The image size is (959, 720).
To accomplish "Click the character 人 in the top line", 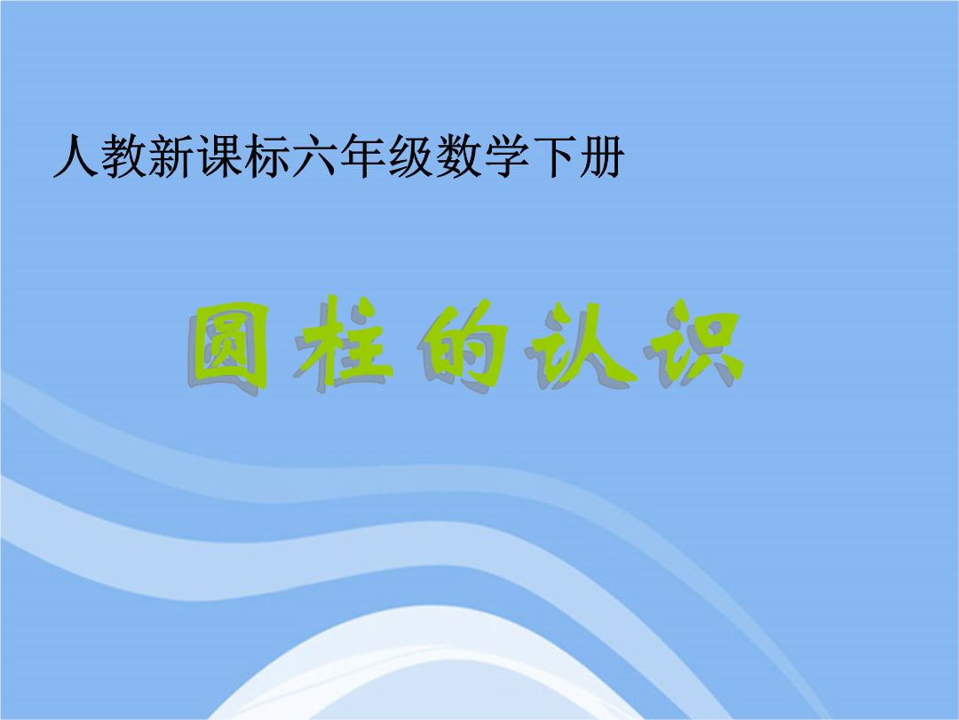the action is tap(75, 156).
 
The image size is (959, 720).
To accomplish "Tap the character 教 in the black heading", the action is tap(123, 156).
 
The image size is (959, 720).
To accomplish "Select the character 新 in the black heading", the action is tap(170, 156).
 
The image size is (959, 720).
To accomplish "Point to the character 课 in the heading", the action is tap(218, 156).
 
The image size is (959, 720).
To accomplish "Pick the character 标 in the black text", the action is tap(266, 156).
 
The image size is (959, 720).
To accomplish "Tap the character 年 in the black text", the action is tap(362, 156).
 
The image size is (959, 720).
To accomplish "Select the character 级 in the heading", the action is tap(410, 156).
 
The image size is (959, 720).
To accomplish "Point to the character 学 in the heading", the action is tap(506, 156).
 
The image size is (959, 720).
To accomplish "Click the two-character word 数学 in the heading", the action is tap(482, 156).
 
